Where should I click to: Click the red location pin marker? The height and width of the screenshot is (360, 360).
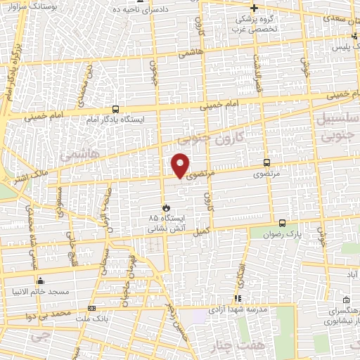coord(181,165)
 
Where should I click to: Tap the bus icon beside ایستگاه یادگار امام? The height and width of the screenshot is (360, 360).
coord(115,109)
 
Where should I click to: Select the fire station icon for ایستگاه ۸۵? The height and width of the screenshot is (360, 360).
coord(166,207)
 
